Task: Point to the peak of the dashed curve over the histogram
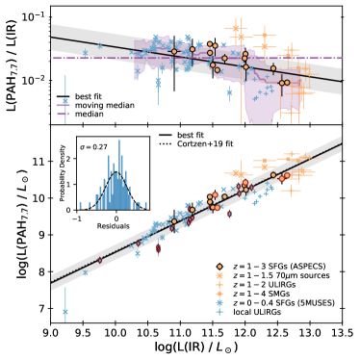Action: [116, 173]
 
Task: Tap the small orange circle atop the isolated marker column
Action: [219, 267]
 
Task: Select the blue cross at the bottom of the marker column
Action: [219, 312]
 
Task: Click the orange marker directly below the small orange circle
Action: [219, 275]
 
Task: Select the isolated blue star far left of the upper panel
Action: [65, 101]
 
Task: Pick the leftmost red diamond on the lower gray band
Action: [99, 260]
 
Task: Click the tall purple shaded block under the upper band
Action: [260, 106]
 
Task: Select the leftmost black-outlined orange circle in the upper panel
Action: [173, 51]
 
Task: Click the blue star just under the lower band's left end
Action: [85, 272]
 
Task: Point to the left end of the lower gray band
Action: [52, 280]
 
